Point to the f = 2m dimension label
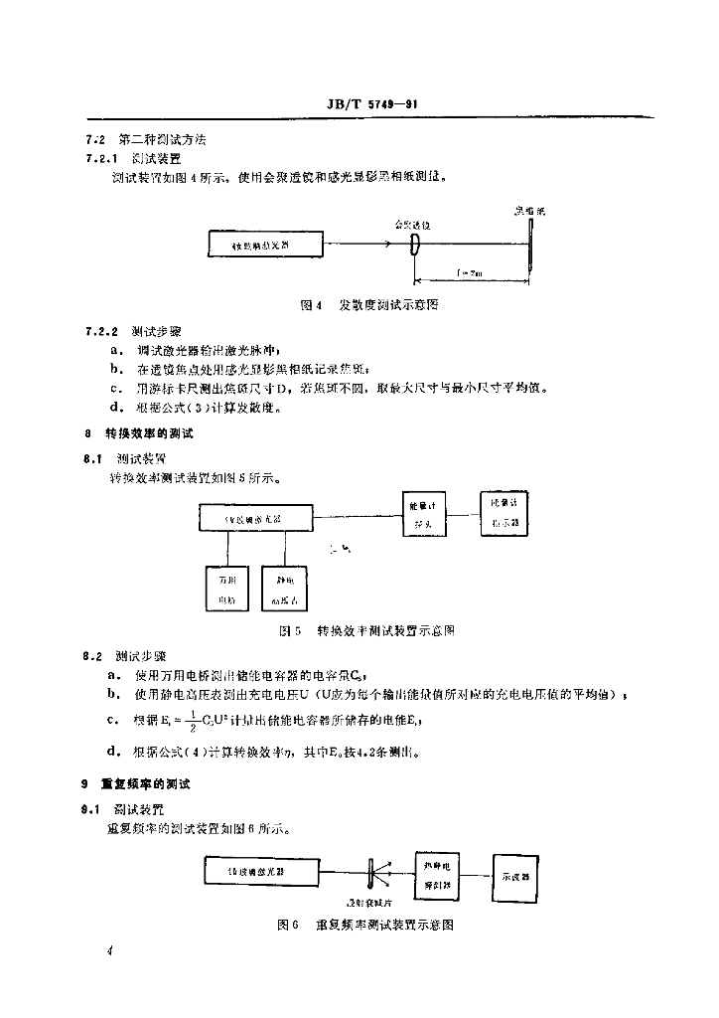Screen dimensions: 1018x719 471,270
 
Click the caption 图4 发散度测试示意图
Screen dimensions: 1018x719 369,305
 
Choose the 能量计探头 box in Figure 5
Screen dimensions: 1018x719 423,516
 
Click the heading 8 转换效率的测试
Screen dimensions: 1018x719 139,433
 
